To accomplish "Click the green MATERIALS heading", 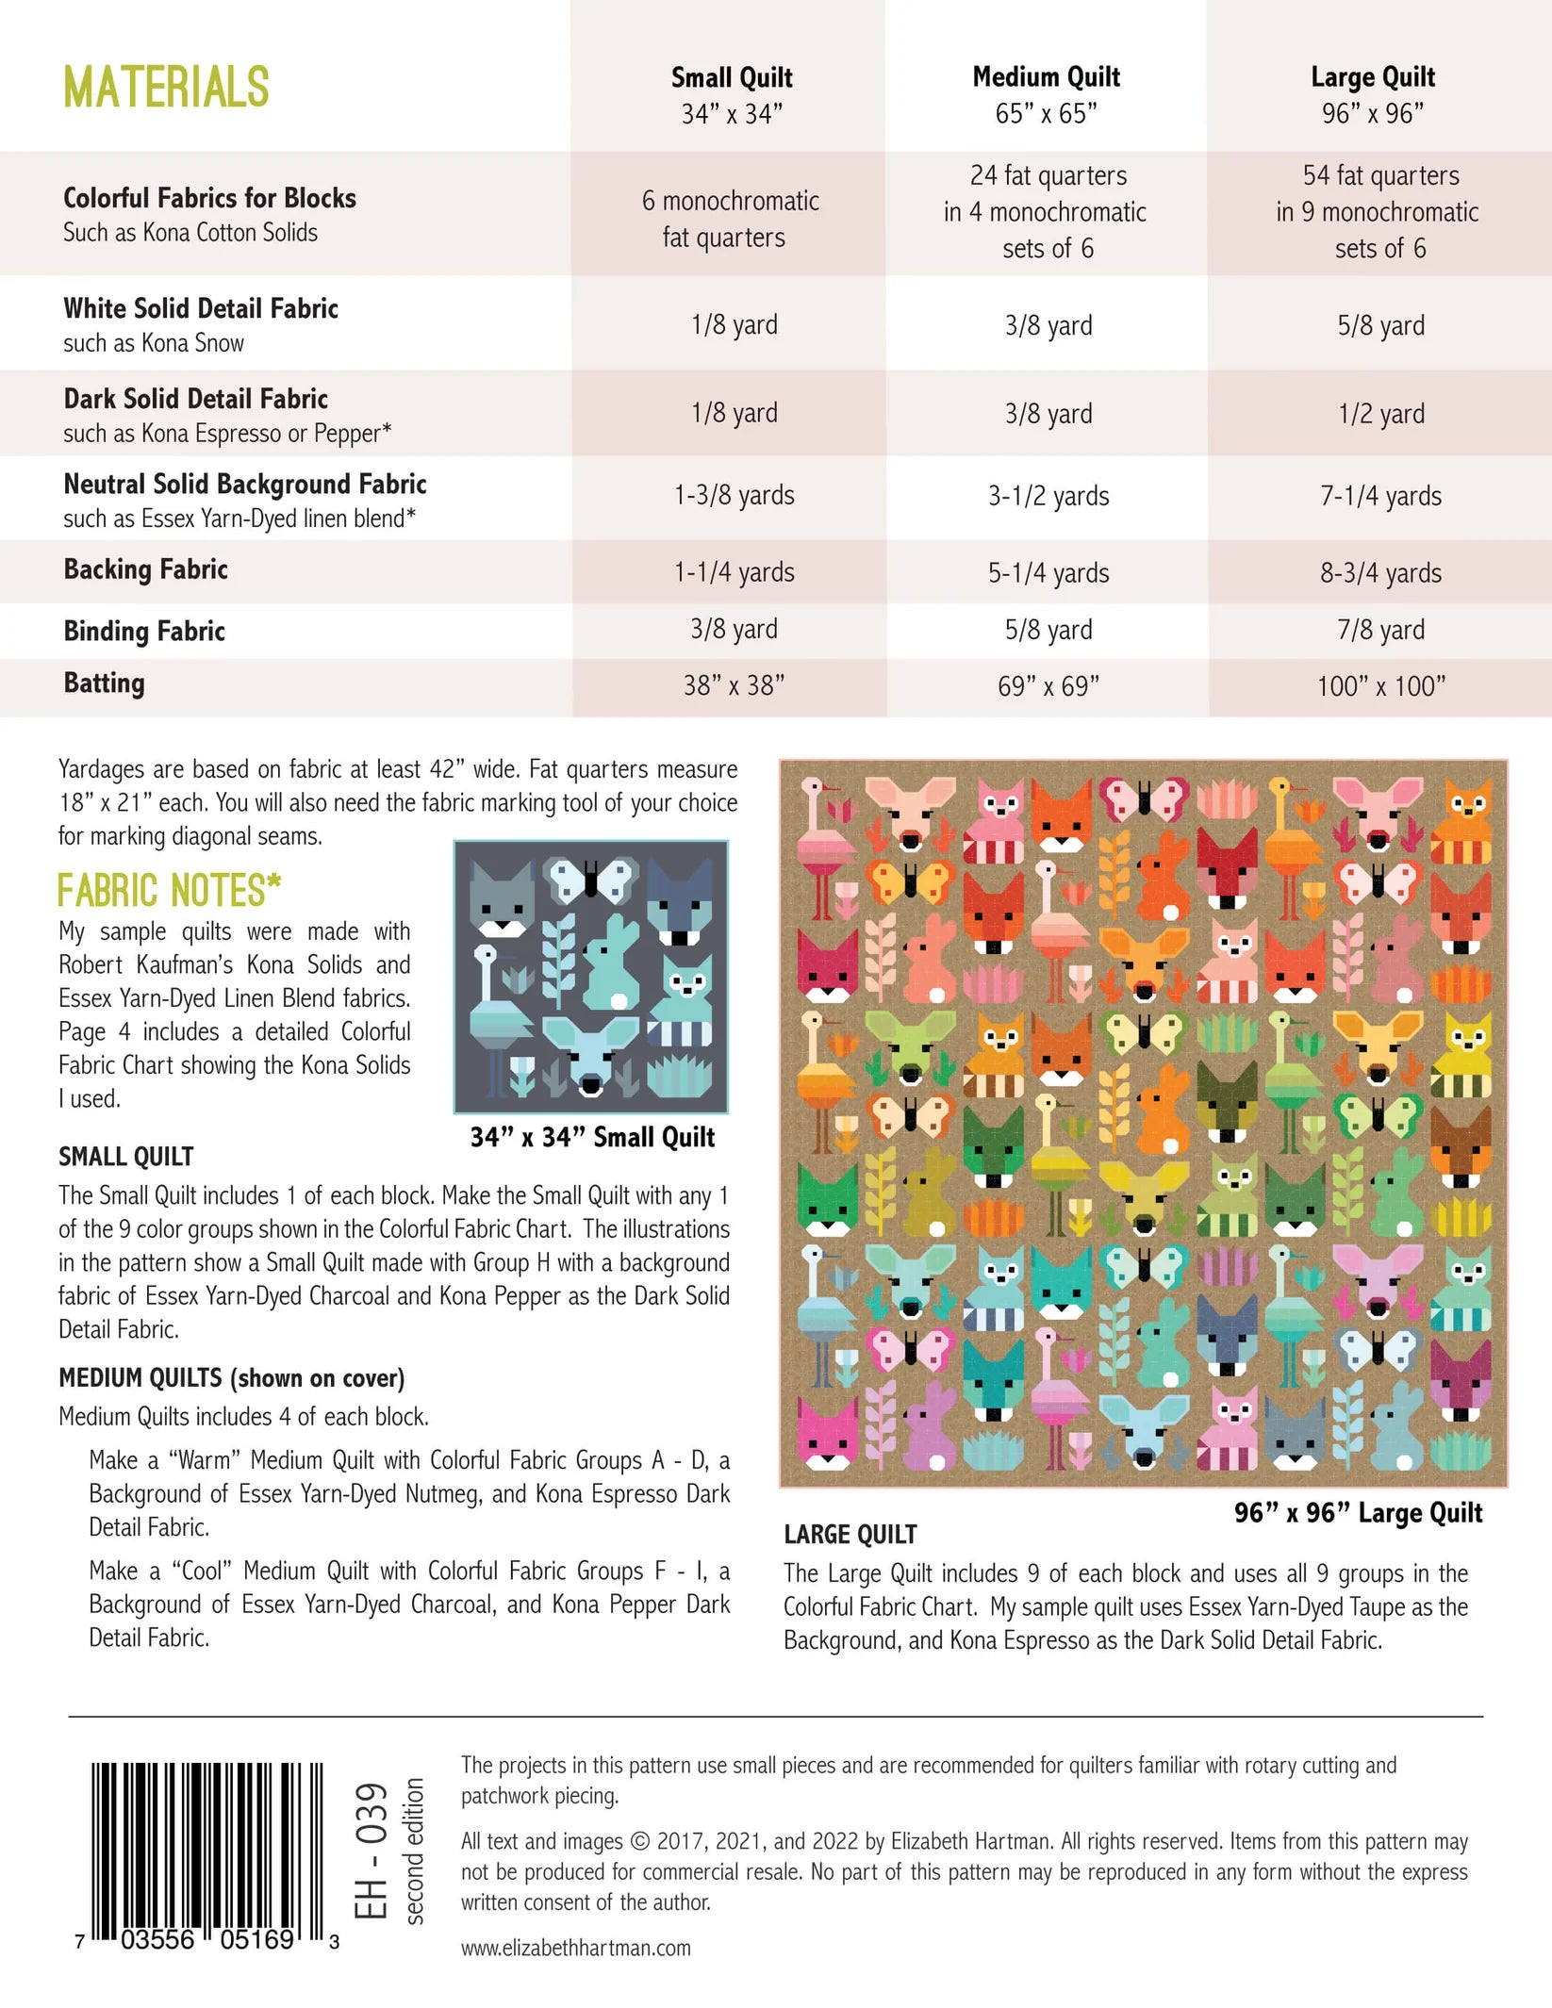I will click(166, 88).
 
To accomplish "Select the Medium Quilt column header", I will click(1046, 93).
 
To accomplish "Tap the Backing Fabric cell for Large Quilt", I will click(1380, 572).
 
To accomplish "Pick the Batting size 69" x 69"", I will click(1048, 685).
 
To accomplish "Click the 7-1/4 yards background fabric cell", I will click(1380, 496).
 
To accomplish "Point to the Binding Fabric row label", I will click(144, 631).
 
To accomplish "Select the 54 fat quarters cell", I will click(1380, 212).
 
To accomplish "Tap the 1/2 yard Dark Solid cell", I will click(1380, 413).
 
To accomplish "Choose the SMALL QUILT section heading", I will click(126, 1157).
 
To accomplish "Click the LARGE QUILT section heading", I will click(850, 1535).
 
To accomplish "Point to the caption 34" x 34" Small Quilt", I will click(592, 1137).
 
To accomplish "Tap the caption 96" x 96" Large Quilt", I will click(1358, 1513).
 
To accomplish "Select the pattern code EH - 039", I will click(371, 1850).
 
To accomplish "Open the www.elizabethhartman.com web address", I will click(575, 1948).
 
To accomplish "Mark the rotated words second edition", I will click(414, 1850).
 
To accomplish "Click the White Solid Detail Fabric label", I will click(201, 308).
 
